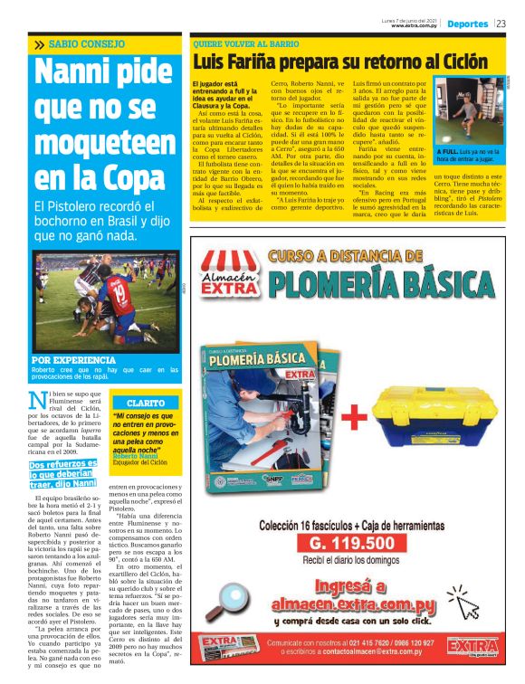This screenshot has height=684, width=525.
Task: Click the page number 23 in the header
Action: pos(501,24)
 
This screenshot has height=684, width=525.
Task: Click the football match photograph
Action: pos(106,302)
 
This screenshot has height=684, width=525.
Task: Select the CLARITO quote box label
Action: pos(145,401)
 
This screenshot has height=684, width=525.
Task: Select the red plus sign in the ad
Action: pos(353,416)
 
